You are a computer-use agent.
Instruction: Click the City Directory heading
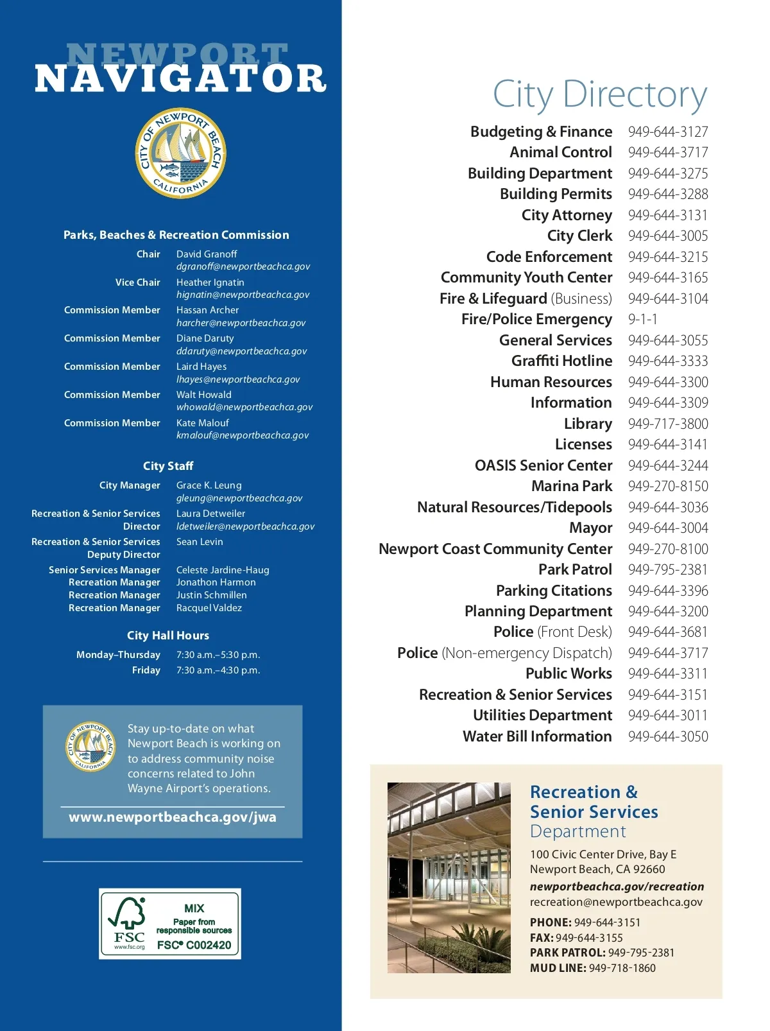click(x=600, y=94)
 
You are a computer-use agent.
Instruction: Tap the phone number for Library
click(x=668, y=424)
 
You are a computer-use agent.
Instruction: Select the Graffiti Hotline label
click(x=561, y=361)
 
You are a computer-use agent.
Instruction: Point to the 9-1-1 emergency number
click(x=643, y=319)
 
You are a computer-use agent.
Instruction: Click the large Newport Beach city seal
click(x=181, y=153)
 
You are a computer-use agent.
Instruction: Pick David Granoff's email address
click(x=243, y=266)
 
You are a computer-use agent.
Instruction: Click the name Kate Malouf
click(x=203, y=423)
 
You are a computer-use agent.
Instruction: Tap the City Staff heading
click(x=168, y=466)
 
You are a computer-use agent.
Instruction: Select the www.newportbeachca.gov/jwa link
click(x=173, y=817)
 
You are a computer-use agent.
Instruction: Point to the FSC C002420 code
click(x=194, y=945)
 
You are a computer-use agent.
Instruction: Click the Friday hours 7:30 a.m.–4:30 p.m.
click(x=218, y=670)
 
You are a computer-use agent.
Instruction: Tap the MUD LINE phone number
click(x=622, y=968)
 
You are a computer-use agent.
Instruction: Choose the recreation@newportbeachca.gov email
click(x=616, y=902)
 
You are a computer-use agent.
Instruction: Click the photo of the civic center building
click(x=449, y=877)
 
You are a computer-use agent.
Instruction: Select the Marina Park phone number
click(x=668, y=486)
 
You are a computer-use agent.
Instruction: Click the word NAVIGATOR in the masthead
click(x=181, y=79)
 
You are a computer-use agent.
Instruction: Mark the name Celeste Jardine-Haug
click(x=223, y=570)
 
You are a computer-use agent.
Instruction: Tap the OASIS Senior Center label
click(x=543, y=465)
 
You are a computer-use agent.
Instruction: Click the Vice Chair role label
click(x=138, y=282)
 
